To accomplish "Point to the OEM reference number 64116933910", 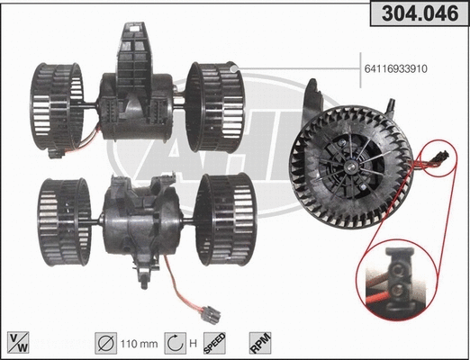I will pos(408,66).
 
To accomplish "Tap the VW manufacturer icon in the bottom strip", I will pos(17,343).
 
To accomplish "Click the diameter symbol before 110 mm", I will pos(105,343).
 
